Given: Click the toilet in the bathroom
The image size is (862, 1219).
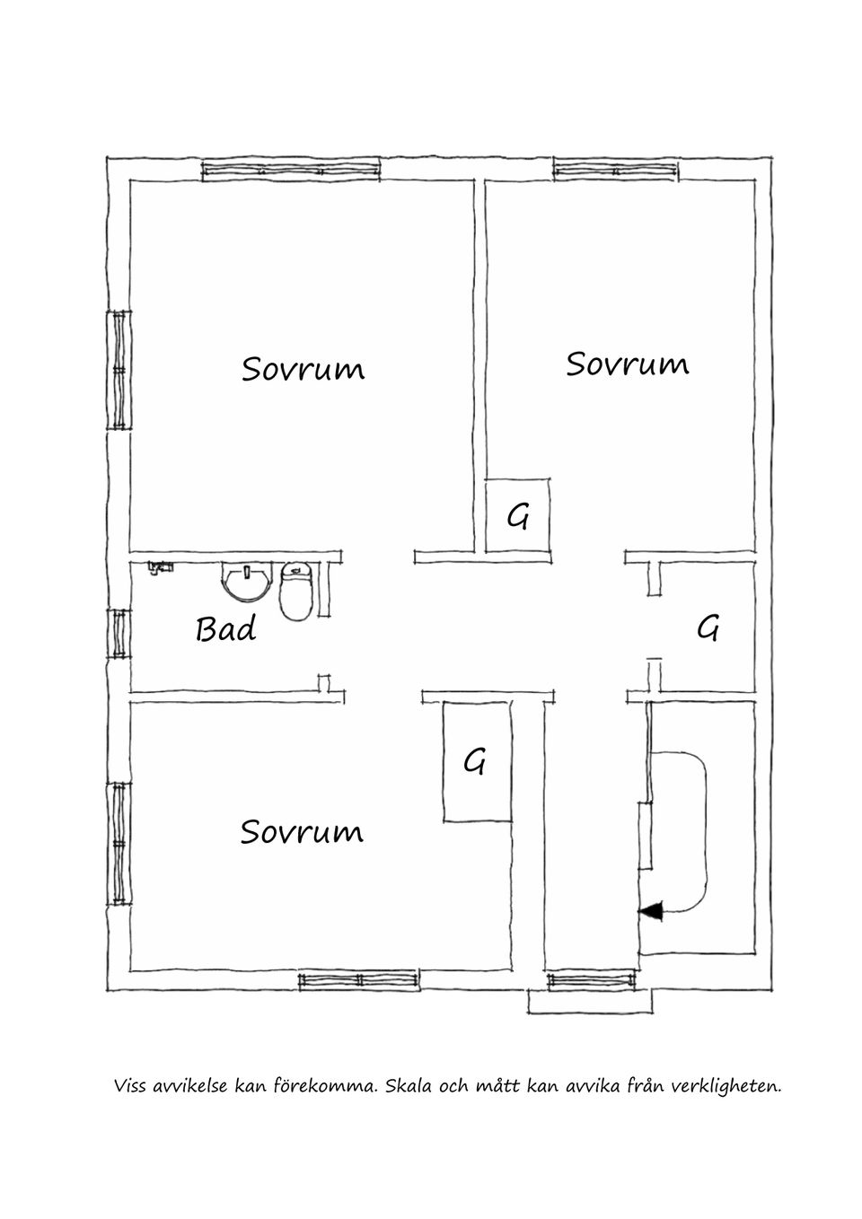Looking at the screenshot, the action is pos(295,591).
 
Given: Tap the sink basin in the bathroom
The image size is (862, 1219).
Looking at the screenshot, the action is pos(247,581).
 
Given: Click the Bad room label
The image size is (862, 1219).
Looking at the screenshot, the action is pos(226,629).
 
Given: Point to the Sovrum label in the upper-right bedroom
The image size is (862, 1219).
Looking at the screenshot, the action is pos(628,364).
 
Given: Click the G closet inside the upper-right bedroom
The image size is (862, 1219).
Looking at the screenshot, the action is pos(517,515).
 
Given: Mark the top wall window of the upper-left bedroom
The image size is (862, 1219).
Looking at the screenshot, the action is pos(291,171).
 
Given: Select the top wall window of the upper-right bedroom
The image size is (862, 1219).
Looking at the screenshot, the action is pos(616,171).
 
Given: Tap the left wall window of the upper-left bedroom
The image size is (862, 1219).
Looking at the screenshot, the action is pos(119,370).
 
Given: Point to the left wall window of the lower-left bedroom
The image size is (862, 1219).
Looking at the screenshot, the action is pos(119,844).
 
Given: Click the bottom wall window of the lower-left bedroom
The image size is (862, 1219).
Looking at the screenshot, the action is pos(359,979).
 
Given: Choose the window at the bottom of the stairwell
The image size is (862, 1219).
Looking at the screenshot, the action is pos(591,979).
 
